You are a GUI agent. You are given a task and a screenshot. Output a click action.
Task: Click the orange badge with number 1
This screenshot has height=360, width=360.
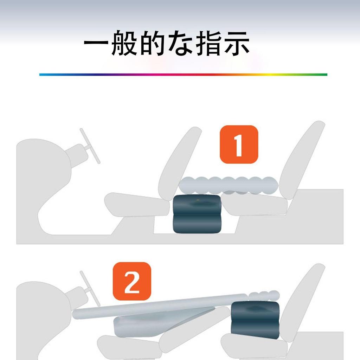(x=239, y=144)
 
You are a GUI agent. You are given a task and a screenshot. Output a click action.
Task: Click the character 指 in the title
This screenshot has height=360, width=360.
(x=209, y=44)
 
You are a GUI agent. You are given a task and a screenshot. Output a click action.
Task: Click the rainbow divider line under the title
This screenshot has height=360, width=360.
(x=183, y=75)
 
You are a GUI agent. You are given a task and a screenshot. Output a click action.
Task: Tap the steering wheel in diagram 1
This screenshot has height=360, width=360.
(x=90, y=146)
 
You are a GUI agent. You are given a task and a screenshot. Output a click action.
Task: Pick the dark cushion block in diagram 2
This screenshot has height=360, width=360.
(x=255, y=319)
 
